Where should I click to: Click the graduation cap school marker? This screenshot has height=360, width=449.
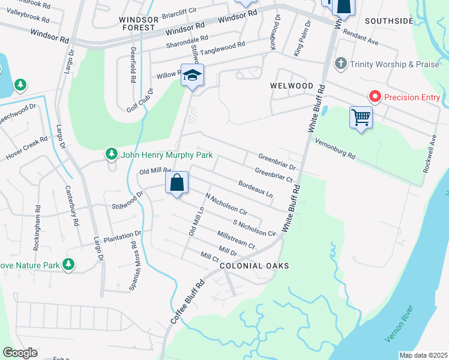(x=193, y=76)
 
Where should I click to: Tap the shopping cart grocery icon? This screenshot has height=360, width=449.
(x=361, y=116)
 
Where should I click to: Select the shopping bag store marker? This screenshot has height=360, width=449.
(x=177, y=183)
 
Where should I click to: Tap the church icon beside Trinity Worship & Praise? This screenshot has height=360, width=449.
(x=340, y=64)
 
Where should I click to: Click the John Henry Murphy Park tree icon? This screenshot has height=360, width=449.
(x=111, y=155)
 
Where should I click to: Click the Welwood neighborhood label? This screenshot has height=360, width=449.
(x=291, y=86)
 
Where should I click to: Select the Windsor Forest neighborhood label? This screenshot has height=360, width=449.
(x=140, y=23)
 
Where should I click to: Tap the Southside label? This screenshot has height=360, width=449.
(x=389, y=21)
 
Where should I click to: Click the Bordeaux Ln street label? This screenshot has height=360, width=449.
(x=255, y=190)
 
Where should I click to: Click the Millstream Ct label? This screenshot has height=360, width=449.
(x=237, y=239)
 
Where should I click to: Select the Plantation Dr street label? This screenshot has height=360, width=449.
(x=122, y=235)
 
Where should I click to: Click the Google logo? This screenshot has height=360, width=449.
(x=20, y=353)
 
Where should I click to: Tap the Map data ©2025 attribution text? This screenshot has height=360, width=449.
(x=423, y=355)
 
